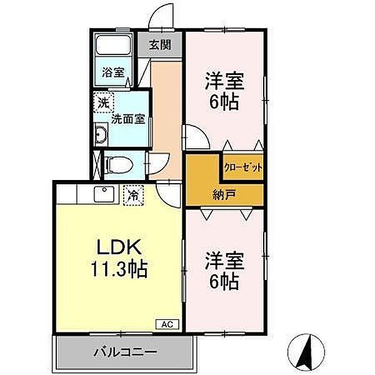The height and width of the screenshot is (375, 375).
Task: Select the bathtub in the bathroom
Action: (x=112, y=47)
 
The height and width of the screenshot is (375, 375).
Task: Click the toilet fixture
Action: (x=117, y=164)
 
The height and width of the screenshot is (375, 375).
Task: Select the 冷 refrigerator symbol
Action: (x=132, y=194)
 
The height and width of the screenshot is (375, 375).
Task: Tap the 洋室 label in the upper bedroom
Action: (x=223, y=81)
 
